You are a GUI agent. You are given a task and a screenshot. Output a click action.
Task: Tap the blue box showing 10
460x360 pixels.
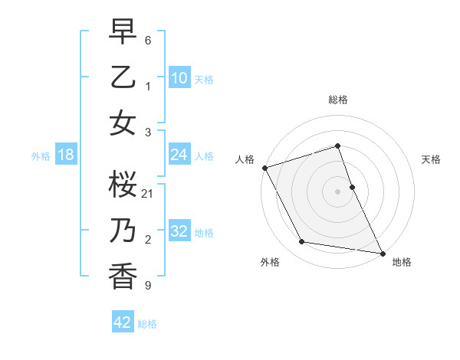pyautogui.click(x=179, y=78)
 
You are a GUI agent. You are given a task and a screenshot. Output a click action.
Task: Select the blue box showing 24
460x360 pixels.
pyautogui.click(x=179, y=155)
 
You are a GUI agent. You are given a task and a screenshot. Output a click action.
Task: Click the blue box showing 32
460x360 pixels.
pyautogui.click(x=179, y=231)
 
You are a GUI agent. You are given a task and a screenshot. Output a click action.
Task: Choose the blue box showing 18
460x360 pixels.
pyautogui.click(x=66, y=155)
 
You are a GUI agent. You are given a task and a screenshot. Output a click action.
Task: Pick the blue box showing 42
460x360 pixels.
pyautogui.click(x=123, y=322)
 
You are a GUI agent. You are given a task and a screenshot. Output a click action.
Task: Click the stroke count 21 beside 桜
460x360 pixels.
pyautogui.click(x=148, y=193)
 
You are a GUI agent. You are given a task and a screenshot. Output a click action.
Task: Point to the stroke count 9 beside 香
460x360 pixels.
pyautogui.click(x=147, y=286)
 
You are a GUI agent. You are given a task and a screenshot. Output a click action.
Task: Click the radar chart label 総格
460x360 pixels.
pyautogui.click(x=337, y=100)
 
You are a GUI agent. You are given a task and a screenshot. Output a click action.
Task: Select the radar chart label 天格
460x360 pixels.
pyautogui.click(x=431, y=159)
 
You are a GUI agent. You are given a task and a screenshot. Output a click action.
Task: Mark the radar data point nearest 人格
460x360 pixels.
pyautogui.click(x=264, y=168)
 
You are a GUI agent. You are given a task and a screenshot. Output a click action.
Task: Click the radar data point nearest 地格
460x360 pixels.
pyautogui.click(x=382, y=252)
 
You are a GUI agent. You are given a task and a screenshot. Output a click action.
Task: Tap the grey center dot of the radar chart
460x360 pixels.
pyautogui.click(x=337, y=191)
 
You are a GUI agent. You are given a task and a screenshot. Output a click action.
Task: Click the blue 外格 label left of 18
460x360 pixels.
pyautogui.click(x=41, y=155)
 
